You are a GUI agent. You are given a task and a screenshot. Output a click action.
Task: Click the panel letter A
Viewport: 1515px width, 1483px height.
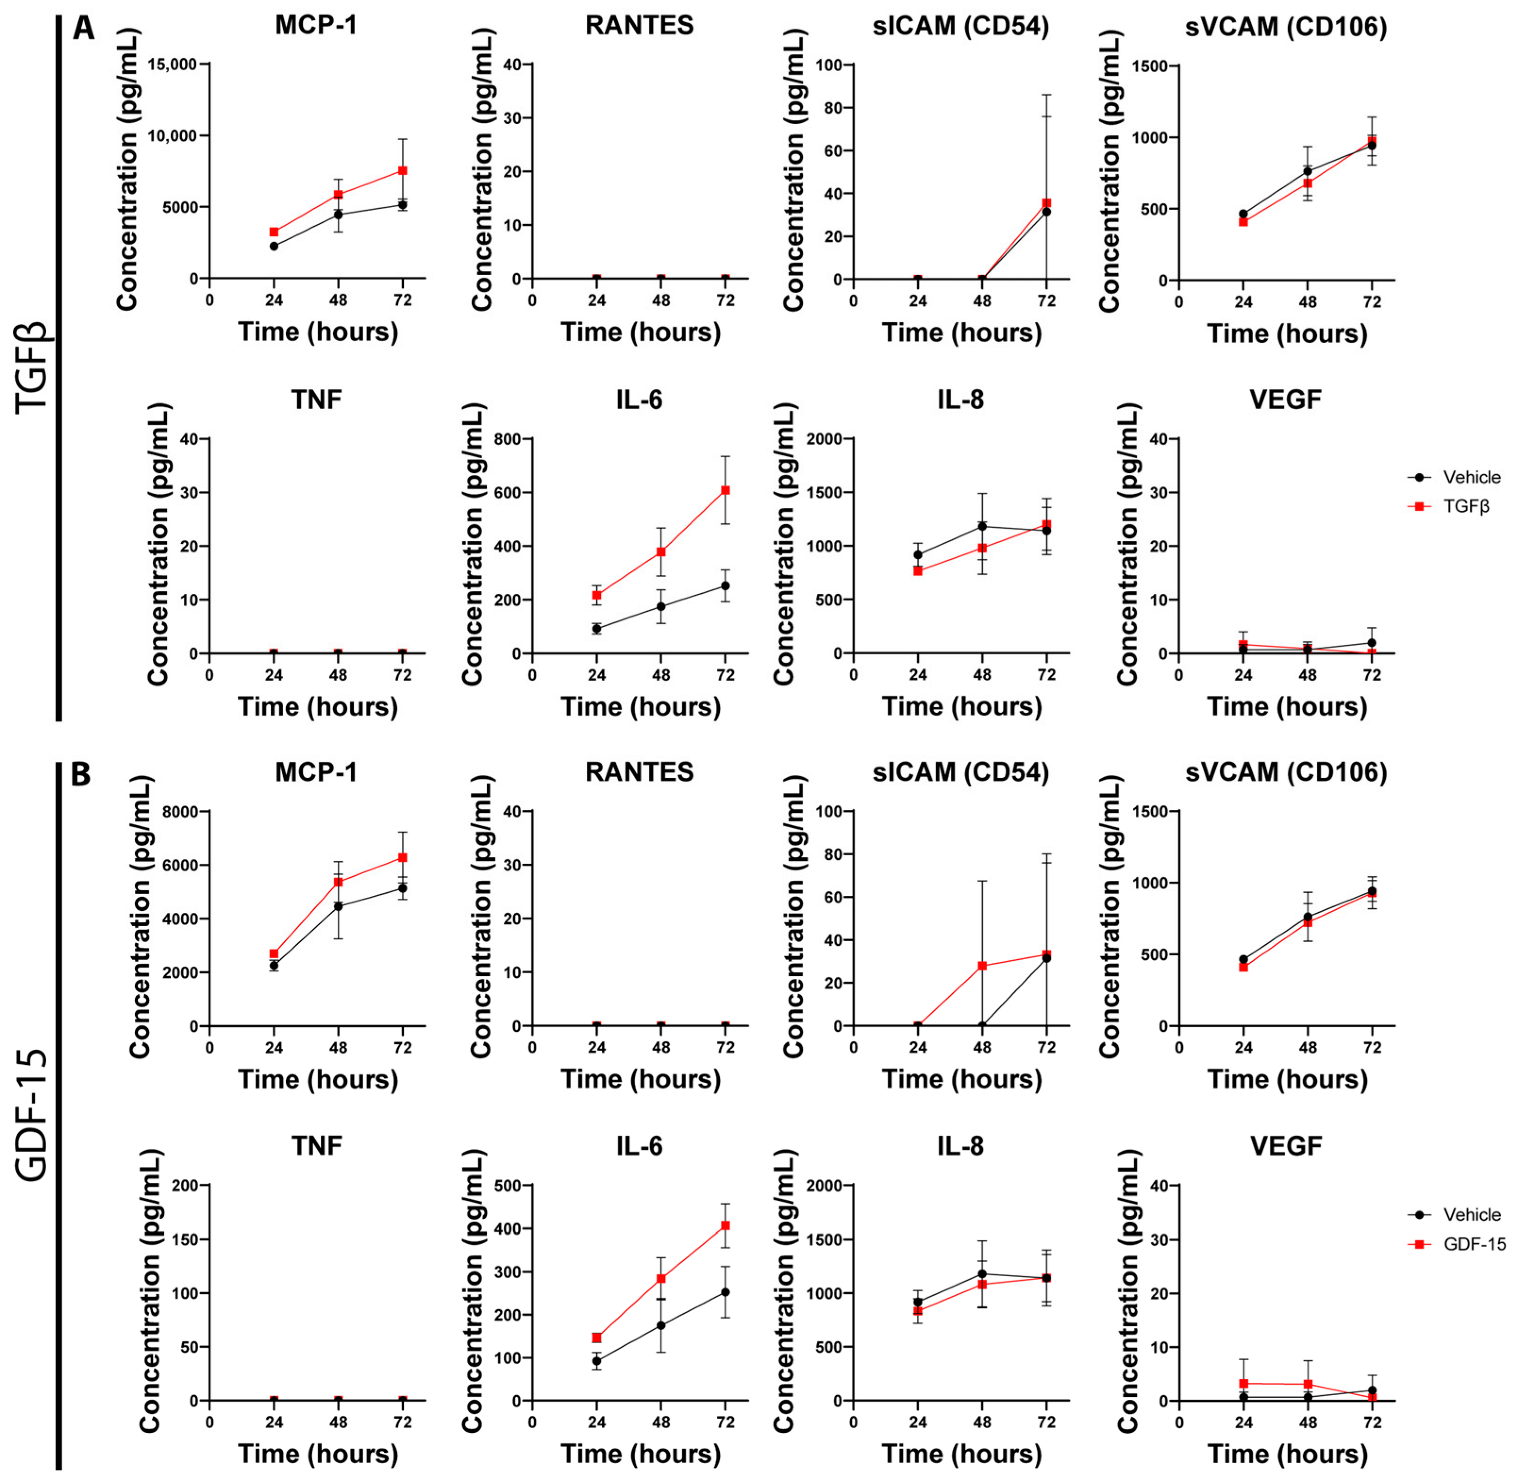(x=83, y=29)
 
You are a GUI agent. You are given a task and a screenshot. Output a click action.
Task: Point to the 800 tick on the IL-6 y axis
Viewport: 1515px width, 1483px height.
(x=507, y=439)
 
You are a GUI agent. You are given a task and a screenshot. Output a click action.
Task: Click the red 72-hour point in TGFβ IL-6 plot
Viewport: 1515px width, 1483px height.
(x=725, y=490)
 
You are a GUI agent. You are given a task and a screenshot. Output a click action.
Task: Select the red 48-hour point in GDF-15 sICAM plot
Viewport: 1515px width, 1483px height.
(x=982, y=966)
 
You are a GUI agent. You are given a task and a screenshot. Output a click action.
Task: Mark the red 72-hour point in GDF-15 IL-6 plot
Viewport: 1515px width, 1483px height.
(x=725, y=1226)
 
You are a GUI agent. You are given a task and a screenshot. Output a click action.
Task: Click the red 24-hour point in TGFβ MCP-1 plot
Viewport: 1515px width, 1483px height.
(x=274, y=232)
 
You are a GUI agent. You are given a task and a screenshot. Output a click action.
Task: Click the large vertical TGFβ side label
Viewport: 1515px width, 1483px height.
(x=33, y=366)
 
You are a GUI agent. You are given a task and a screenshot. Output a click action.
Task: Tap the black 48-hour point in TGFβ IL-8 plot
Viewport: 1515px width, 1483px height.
(x=982, y=527)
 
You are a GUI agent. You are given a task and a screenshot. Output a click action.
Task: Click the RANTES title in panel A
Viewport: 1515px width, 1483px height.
(x=639, y=25)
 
